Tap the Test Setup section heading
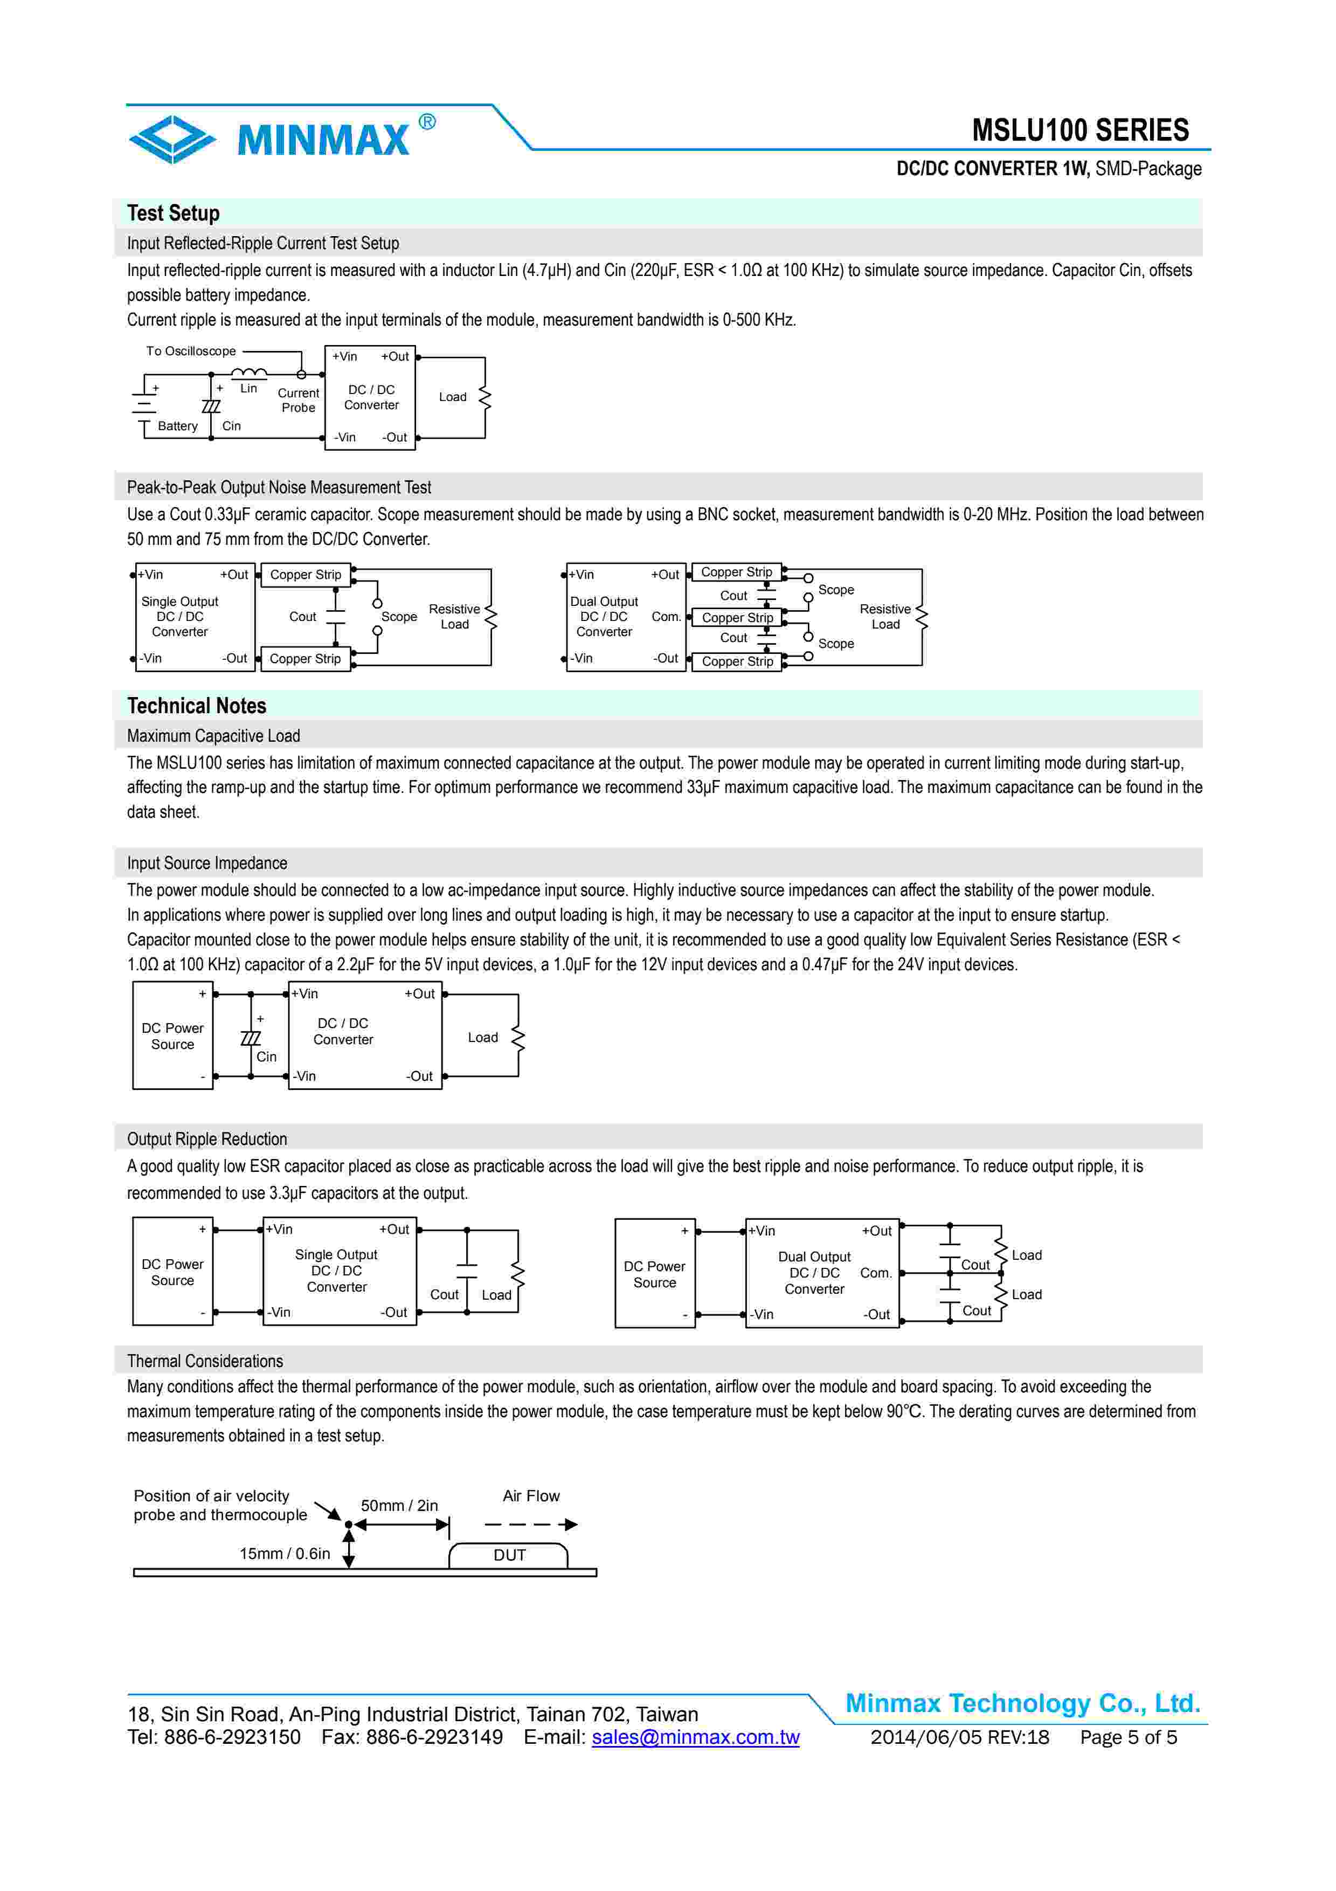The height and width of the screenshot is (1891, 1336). [173, 213]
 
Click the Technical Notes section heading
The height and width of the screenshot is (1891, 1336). [196, 706]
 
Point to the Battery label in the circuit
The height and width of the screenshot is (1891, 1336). [178, 426]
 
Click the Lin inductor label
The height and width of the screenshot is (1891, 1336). [248, 388]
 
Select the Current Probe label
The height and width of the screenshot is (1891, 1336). [298, 401]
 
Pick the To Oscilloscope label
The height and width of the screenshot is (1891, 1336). [191, 351]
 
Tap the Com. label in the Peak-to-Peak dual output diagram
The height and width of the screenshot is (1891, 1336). [666, 616]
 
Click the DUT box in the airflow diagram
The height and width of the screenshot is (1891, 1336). [509, 1555]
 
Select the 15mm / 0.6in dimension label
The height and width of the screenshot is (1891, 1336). [284, 1554]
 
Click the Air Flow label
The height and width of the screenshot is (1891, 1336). [531, 1496]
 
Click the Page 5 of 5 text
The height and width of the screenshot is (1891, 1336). [1128, 1737]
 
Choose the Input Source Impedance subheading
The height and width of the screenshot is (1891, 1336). [206, 863]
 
